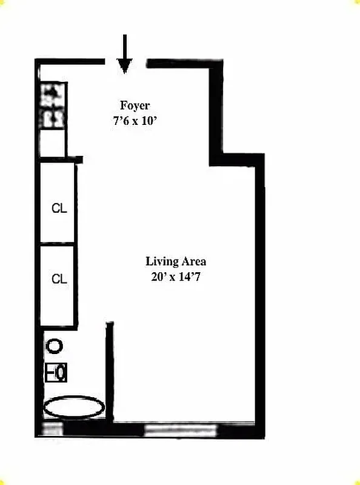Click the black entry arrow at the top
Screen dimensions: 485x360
point(124,53)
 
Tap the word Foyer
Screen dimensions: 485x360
point(135,105)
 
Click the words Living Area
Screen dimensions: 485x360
point(176,262)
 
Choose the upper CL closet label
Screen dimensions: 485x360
point(59,209)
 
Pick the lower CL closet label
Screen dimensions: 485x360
point(59,279)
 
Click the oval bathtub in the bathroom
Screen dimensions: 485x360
point(74,407)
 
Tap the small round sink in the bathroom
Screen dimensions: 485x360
point(55,347)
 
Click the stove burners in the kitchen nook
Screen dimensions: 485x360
point(53,105)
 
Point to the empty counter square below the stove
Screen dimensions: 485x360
point(53,143)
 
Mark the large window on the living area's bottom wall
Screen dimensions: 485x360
point(181,430)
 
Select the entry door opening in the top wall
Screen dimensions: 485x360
point(126,61)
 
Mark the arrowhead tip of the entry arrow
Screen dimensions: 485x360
point(124,71)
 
